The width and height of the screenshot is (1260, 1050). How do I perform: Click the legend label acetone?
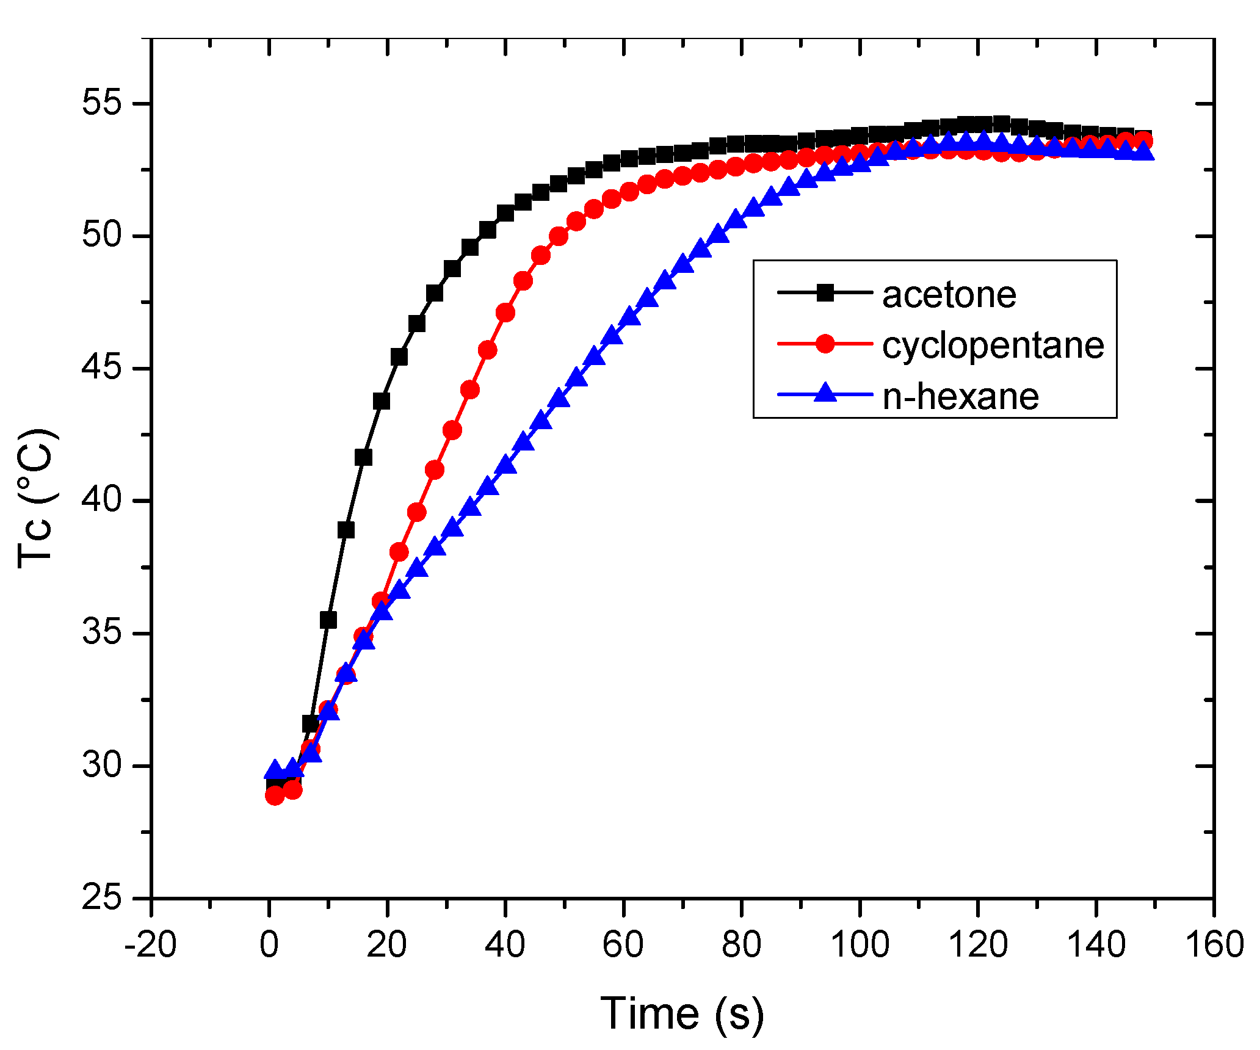[949, 295]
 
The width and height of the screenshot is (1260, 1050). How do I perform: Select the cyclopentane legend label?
[993, 346]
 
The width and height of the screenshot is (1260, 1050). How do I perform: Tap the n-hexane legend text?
[960, 397]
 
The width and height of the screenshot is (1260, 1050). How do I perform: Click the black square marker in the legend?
[825, 293]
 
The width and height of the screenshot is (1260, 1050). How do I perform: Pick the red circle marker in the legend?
[825, 344]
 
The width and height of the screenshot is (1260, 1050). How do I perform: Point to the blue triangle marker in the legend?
[825, 393]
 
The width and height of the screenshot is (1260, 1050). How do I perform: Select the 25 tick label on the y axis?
[102, 898]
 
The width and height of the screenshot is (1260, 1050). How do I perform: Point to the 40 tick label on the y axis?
[102, 501]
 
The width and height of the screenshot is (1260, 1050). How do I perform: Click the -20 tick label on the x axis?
[150, 944]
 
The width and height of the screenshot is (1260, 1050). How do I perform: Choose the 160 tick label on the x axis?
[1214, 944]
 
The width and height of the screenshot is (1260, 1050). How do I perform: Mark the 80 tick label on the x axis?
[741, 944]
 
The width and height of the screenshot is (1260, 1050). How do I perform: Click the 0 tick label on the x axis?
[269, 944]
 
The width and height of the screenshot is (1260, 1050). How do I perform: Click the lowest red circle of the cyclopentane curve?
[275, 795]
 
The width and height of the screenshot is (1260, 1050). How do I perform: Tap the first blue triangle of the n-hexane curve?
[274, 770]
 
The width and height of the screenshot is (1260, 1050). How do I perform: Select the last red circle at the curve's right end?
[1143, 141]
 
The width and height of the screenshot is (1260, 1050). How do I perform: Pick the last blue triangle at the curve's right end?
[1144, 151]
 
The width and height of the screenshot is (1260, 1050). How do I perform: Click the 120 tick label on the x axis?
[978, 944]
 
